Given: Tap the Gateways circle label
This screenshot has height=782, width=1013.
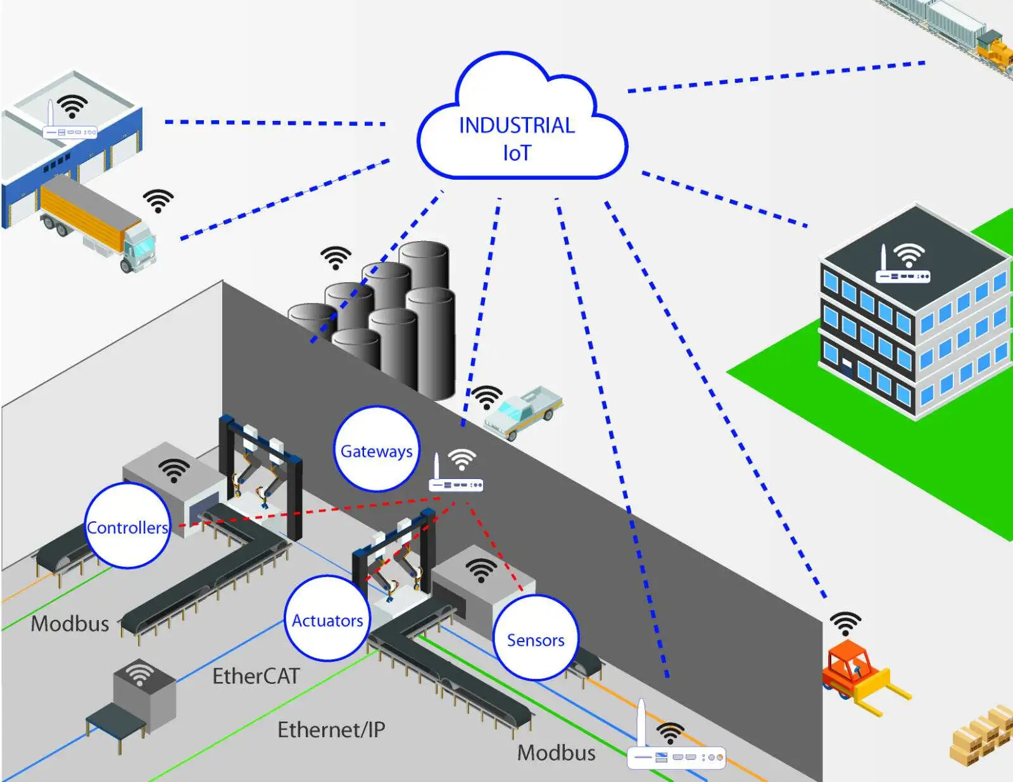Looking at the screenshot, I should point(377,450).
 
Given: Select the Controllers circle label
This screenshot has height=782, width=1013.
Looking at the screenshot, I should point(128,526).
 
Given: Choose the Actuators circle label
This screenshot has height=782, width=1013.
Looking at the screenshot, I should point(327,619).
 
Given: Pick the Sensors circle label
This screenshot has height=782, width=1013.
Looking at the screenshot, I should point(536,639).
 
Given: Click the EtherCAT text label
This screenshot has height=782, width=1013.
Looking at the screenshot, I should point(256,676).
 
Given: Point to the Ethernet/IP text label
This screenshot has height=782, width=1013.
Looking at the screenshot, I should point(331,730).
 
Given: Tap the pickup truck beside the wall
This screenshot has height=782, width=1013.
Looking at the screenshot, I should point(523,411).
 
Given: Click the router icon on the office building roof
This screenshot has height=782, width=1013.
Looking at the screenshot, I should point(902,272).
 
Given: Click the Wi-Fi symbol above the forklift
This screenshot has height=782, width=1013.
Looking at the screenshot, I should point(846,623).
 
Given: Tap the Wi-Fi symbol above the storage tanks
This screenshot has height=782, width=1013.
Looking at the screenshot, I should point(336,257).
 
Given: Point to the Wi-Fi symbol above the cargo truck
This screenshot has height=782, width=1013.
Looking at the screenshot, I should point(158,200).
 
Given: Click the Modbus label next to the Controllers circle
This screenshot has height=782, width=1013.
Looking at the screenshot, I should point(70,624).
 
